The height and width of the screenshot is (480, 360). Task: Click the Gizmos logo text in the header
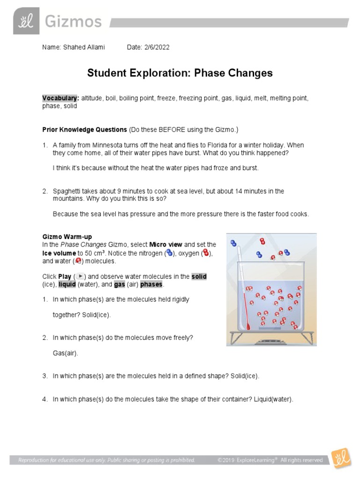tap(73, 22)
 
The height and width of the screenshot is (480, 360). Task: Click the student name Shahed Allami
tap(84, 47)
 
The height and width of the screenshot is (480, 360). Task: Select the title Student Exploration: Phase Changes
tap(180, 73)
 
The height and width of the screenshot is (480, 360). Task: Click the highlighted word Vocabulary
tap(60, 98)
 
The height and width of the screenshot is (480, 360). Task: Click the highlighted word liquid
tap(67, 285)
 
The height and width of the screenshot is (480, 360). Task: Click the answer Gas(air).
tap(66, 353)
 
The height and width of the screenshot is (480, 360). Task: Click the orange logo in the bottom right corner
tap(341, 458)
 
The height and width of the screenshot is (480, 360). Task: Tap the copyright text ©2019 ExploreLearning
tap(247, 460)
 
